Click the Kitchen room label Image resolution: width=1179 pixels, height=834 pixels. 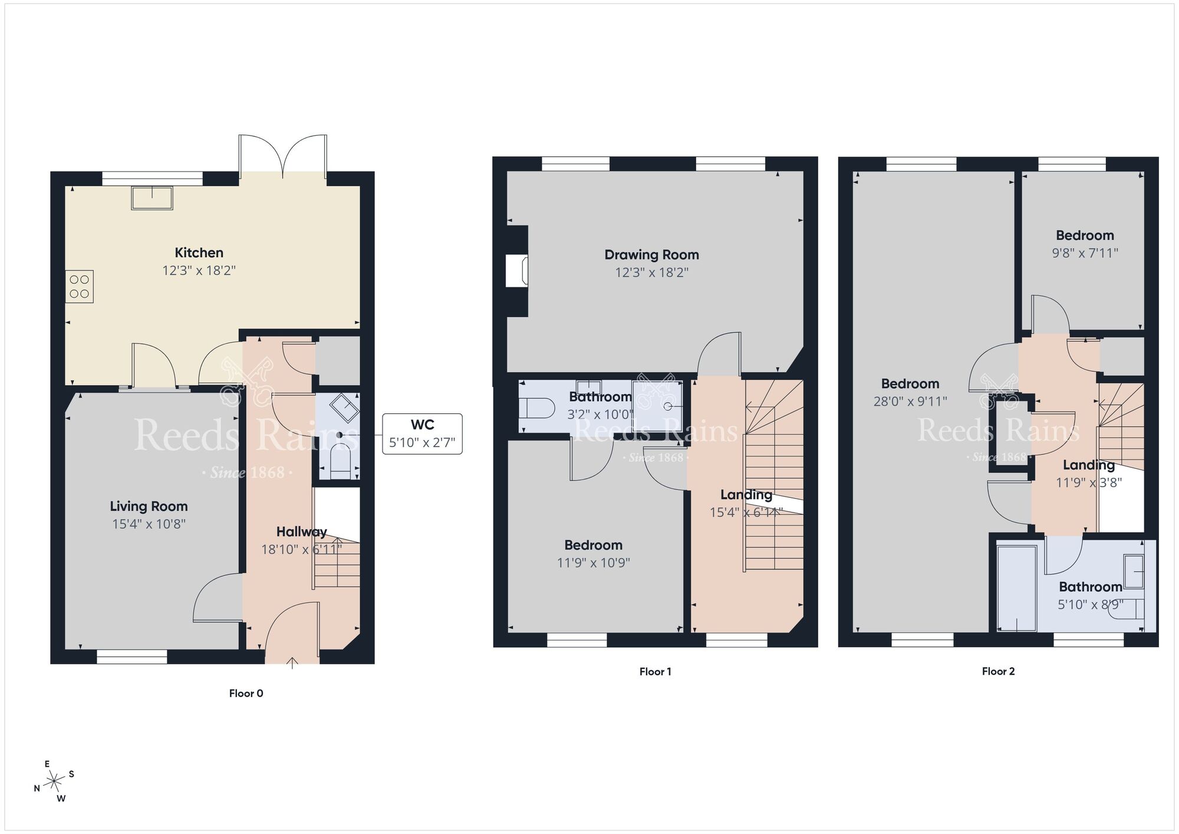[x=199, y=253]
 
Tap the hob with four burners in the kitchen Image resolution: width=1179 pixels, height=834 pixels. [x=80, y=287]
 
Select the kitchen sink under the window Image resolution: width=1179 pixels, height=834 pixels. [x=152, y=198]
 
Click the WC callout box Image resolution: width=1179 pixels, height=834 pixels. [x=422, y=434]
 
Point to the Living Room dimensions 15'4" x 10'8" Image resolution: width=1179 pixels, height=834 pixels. [x=149, y=524]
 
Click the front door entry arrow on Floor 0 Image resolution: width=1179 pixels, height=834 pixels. [x=292, y=662]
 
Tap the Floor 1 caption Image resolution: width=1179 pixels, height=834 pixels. [x=655, y=671]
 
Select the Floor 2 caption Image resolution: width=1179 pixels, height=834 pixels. [x=998, y=671]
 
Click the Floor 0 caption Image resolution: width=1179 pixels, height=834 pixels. [x=246, y=693]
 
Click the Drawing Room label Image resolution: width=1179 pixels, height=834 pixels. [x=651, y=255]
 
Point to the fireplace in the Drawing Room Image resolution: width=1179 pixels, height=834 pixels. [x=517, y=271]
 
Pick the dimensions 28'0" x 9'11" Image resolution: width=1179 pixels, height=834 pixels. [x=910, y=402]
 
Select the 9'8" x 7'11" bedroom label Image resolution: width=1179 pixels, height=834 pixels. [x=1085, y=253]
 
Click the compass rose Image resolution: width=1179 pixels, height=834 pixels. [x=55, y=782]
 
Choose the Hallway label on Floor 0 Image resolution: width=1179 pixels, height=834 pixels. [x=301, y=532]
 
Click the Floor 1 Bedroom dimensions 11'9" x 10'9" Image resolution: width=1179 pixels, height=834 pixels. [x=593, y=563]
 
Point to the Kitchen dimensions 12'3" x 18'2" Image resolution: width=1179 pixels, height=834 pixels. [x=199, y=271]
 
